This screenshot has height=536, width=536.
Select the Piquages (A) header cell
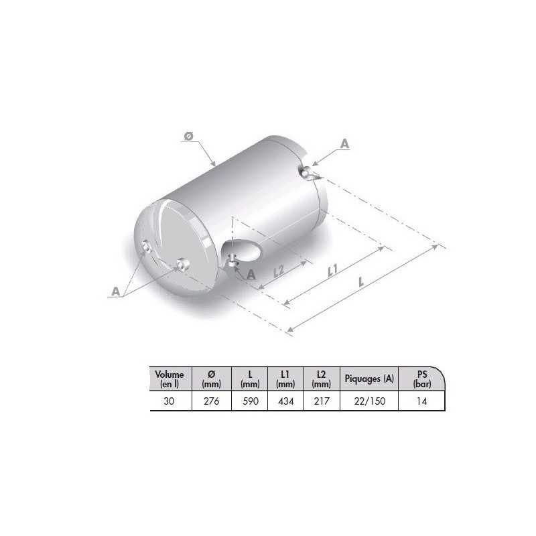pos(369,379)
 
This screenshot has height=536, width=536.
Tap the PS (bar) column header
pos(421,379)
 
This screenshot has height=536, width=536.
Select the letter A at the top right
pos(344,143)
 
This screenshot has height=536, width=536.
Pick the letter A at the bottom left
pos(117,291)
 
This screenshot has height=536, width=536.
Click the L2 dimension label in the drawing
pos(281,271)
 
